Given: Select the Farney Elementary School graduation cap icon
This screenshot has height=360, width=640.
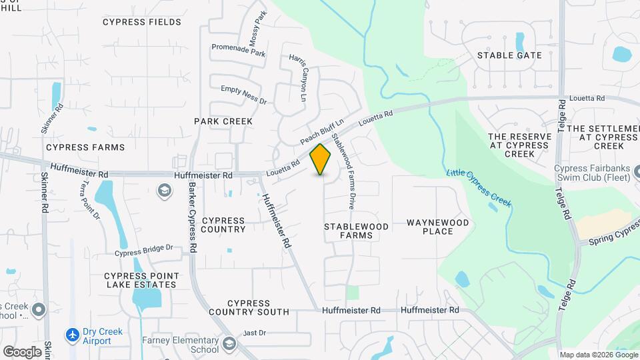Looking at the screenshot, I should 229,343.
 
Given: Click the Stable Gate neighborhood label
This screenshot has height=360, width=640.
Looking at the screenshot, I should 509,55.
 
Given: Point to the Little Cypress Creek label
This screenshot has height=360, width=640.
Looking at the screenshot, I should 479,189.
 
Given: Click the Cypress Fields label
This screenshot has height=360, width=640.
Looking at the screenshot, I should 142,22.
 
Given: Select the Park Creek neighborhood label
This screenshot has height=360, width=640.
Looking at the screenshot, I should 223,121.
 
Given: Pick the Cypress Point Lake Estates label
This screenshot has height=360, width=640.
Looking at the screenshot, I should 140,280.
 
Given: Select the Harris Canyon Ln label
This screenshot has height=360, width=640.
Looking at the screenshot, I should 297,79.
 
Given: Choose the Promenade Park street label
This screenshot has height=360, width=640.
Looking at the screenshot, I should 238,50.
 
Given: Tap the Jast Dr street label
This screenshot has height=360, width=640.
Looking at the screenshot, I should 255,333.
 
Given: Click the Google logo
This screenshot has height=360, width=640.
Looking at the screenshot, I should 22,351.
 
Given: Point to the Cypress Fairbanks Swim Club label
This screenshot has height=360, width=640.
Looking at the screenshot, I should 597,173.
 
